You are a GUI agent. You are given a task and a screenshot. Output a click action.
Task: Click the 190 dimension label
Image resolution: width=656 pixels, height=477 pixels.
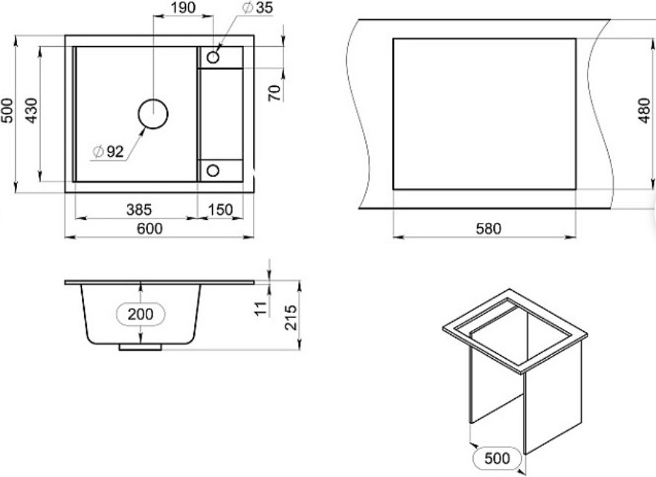183,7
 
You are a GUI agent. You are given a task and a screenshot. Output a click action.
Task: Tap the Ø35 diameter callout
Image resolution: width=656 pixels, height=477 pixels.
257,7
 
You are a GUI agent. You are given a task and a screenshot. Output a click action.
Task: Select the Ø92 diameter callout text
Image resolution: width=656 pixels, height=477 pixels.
109,152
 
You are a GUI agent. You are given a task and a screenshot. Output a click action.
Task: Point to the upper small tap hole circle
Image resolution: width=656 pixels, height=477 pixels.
213,57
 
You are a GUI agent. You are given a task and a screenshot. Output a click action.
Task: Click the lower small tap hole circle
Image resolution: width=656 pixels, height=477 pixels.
213,171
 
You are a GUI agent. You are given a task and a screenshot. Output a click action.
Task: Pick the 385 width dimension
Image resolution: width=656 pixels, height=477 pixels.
139,210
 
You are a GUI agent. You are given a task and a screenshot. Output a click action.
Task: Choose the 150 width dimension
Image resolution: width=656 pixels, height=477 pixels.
220,210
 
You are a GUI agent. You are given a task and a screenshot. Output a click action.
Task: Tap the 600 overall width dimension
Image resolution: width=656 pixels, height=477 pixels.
149,229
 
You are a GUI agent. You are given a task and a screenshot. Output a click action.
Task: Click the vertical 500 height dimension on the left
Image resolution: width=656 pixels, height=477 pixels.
7,111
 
